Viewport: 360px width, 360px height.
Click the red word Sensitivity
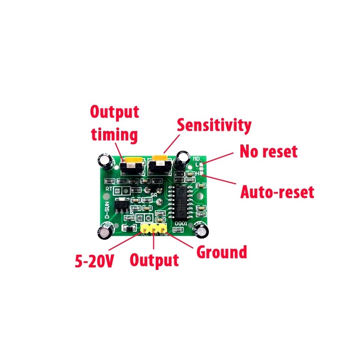pyautogui.click(x=214, y=125)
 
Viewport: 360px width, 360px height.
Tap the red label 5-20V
pyautogui.click(x=94, y=261)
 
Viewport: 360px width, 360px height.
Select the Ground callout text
pyautogui.click(x=222, y=252)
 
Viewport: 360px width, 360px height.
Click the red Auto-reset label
pyautogui.click(x=277, y=193)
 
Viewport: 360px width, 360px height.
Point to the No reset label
pyautogui.click(x=268, y=151)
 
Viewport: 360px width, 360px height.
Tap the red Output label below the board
pyautogui.click(x=154, y=260)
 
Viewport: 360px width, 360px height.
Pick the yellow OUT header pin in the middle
pyautogui.click(x=154, y=229)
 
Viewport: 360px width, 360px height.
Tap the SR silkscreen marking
pyautogui.click(x=154, y=195)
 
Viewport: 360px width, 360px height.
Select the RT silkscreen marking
pyautogui.click(x=109, y=189)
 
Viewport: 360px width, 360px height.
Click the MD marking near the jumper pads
pyautogui.click(x=197, y=158)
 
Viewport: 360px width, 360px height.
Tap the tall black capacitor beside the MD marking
pyautogui.click(x=183, y=161)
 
